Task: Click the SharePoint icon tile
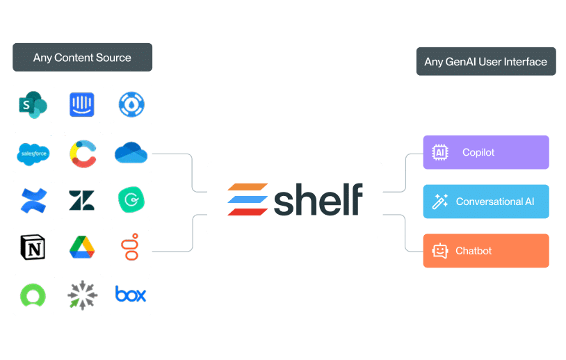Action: tap(34, 105)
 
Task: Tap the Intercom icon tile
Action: tap(82, 105)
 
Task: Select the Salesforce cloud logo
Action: tap(34, 153)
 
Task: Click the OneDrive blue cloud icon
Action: tap(131, 153)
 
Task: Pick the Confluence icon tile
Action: tap(34, 200)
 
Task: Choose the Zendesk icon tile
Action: tap(82, 200)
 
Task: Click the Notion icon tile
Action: tap(34, 247)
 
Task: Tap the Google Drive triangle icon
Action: tap(82, 247)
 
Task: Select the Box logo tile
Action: tap(131, 295)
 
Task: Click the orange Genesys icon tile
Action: tap(131, 247)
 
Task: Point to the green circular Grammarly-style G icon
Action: tap(131, 200)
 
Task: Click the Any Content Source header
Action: tap(82, 58)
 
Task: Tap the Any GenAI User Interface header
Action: tap(485, 62)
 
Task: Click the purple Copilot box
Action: tap(485, 152)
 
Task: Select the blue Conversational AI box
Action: tap(485, 202)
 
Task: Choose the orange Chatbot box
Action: tap(485, 251)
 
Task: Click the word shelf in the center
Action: tap(318, 199)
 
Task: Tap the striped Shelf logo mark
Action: tap(248, 199)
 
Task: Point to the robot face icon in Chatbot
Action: tap(439, 251)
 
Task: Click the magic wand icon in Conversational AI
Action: tap(439, 202)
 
